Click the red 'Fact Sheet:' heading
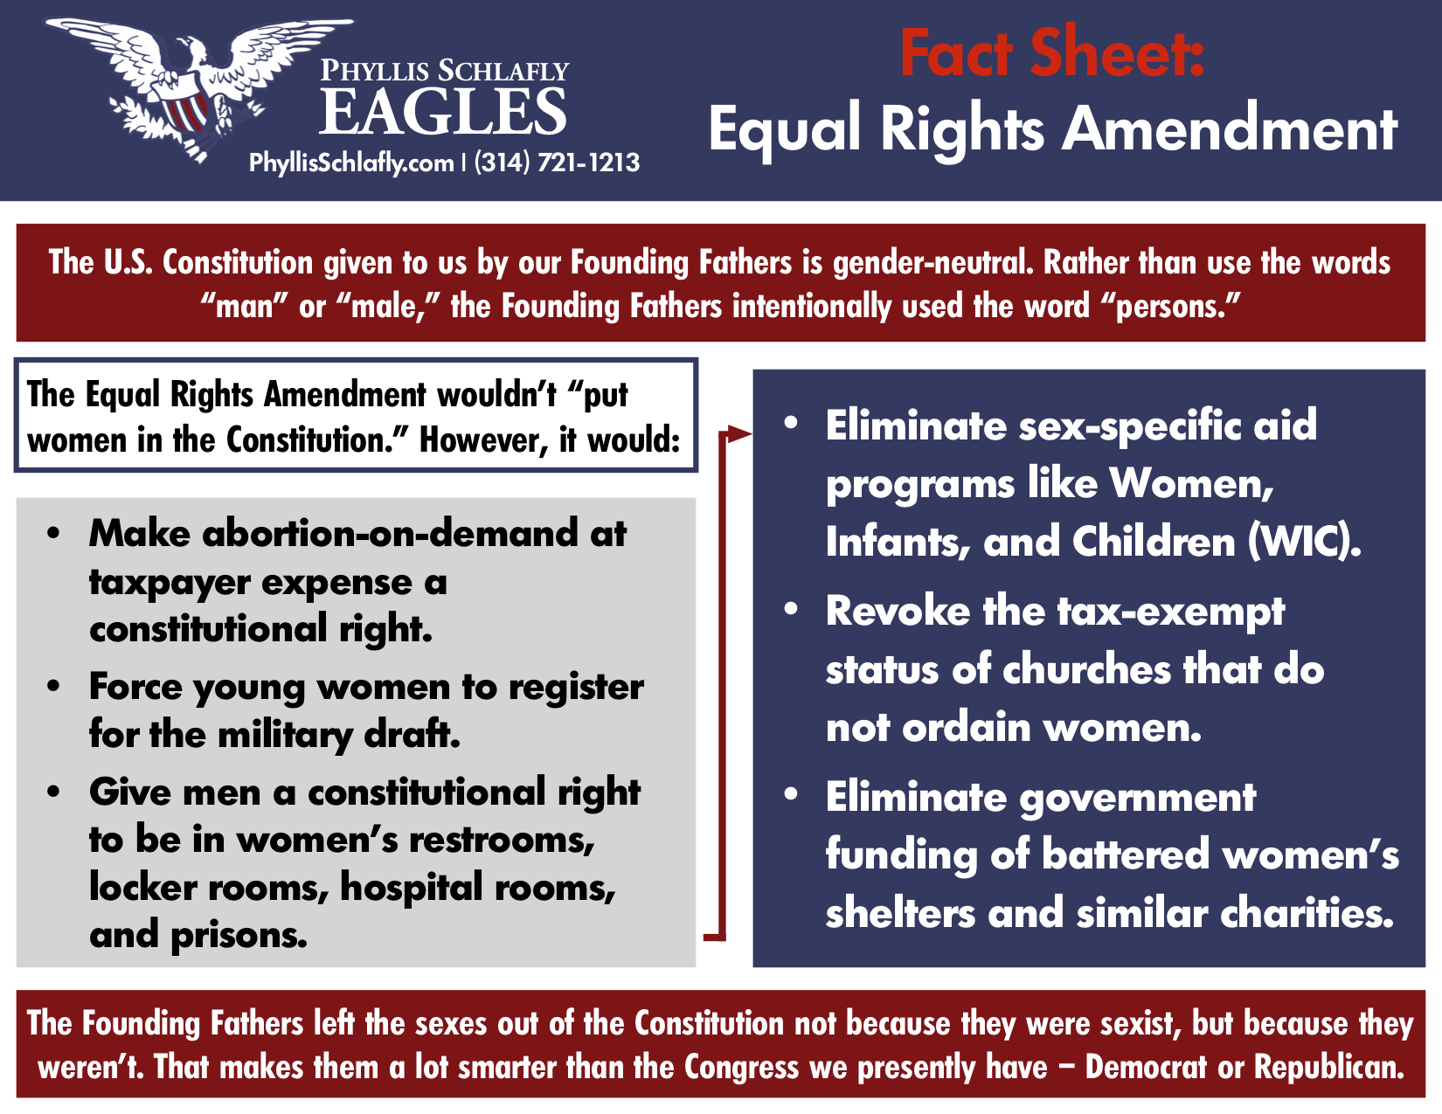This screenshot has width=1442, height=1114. (x=1052, y=53)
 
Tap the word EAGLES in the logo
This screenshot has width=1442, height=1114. (x=443, y=112)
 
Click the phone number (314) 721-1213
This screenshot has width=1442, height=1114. (x=557, y=163)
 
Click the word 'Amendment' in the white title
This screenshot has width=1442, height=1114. (x=1230, y=128)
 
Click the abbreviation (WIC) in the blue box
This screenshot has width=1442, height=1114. (x=1304, y=542)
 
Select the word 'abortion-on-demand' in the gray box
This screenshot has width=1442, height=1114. (x=390, y=533)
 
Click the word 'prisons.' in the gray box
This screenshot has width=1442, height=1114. (x=239, y=935)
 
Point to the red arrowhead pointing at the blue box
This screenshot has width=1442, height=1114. (x=739, y=434)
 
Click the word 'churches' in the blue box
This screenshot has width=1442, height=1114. (x=1087, y=669)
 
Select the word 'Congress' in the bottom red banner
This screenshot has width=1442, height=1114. (x=741, y=1068)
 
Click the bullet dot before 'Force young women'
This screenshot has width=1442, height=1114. (x=54, y=686)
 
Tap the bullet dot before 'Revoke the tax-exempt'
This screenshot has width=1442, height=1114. (x=790, y=609)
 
